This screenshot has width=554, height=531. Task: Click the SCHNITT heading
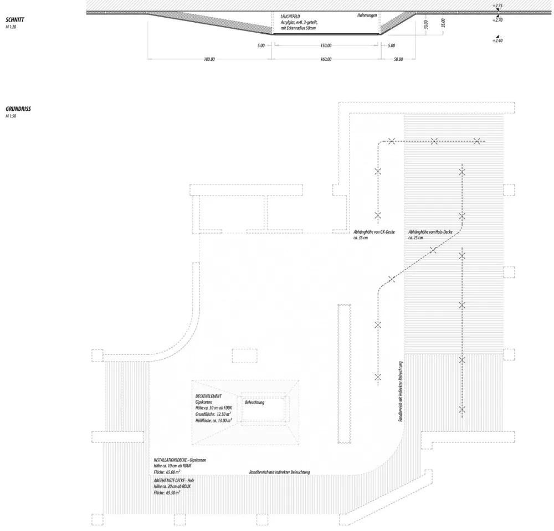coord(15,20)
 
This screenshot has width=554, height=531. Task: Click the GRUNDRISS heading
coord(18,110)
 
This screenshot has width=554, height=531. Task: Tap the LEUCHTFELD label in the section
coord(290,17)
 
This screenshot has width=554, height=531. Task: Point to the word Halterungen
coord(367,16)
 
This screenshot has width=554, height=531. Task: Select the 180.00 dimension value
coord(209,59)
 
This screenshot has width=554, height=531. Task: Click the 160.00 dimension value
coord(326,59)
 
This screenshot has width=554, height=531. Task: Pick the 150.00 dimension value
coord(326,46)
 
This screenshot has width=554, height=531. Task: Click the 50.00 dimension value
coord(398,59)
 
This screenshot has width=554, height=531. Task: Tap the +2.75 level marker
coord(497,5)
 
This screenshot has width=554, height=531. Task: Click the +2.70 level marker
coord(497,19)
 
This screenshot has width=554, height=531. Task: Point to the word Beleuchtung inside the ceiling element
coord(254,402)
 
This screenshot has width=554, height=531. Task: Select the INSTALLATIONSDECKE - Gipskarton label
coord(180,460)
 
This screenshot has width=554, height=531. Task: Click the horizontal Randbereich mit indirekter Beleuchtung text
coord(279,472)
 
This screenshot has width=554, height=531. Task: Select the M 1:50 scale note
coord(11,117)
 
